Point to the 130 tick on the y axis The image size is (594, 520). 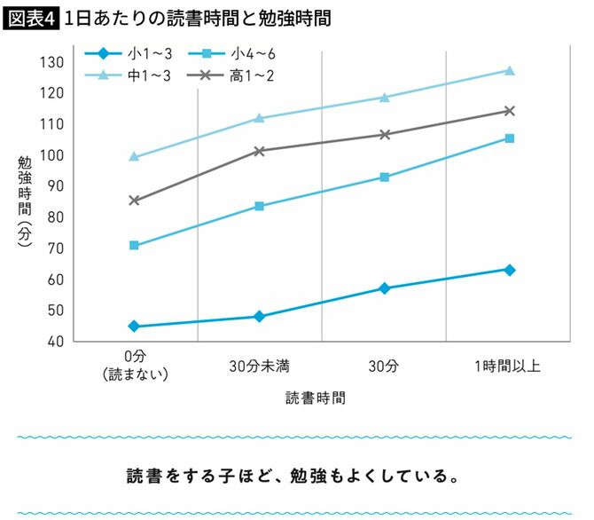click(x=54, y=62)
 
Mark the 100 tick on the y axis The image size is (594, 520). click(x=54, y=155)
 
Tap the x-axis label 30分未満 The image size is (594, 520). click(x=259, y=365)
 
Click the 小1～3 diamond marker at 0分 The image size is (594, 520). click(x=134, y=327)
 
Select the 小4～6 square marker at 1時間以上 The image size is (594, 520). click(x=510, y=138)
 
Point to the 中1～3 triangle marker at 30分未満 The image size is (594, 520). click(x=259, y=118)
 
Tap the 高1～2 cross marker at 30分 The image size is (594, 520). click(x=385, y=135)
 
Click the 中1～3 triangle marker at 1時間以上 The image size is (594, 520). click(x=510, y=70)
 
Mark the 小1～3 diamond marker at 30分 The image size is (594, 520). click(x=385, y=288)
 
